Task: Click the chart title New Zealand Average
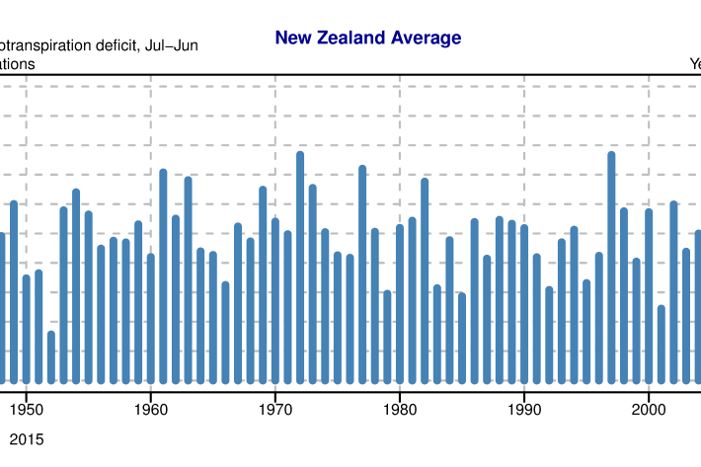(x=367, y=39)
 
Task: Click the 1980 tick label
(x=399, y=407)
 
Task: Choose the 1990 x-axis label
(x=523, y=407)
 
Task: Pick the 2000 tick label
(x=648, y=407)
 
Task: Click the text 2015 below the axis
(x=26, y=436)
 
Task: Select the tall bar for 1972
(x=300, y=267)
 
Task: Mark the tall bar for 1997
(x=611, y=267)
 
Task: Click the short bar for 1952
(x=50, y=356)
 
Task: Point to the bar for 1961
(x=163, y=275)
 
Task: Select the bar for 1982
(x=425, y=280)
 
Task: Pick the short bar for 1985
(x=461, y=338)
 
